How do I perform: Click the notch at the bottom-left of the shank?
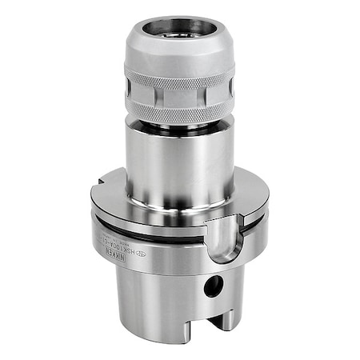(134, 340)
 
